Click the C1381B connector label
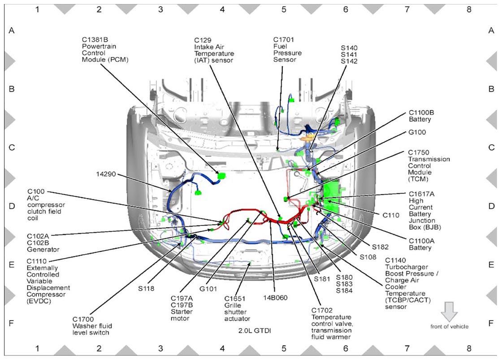[x=105, y=50]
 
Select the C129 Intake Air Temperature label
[x=214, y=50]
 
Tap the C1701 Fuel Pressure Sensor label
[x=287, y=50]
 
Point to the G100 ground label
[x=417, y=132]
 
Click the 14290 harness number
[x=106, y=174]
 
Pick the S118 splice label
[x=146, y=288]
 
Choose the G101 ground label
[x=208, y=289]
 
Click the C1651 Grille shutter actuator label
[x=237, y=308]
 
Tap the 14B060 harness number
[x=275, y=298]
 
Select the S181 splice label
[x=322, y=279]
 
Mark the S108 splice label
[x=368, y=257]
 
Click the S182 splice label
[x=380, y=247]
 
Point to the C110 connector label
[x=391, y=215]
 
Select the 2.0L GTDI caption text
[x=255, y=330]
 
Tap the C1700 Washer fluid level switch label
[x=92, y=326]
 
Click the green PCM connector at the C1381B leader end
[x=221, y=176]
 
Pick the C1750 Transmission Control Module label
[x=429, y=165]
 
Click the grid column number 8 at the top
[x=469, y=9]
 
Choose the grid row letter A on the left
[x=12, y=30]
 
